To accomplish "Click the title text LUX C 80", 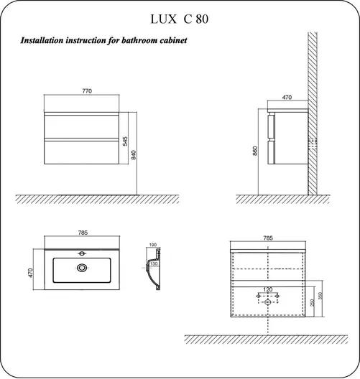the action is tap(179, 19).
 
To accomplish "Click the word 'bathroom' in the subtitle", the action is tap(136, 40).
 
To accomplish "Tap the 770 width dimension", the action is tap(87, 91).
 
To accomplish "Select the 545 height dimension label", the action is tap(125, 141).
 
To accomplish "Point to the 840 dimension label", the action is tap(134, 155).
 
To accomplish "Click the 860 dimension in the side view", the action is tap(255, 151).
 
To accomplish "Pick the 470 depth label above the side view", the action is tap(287, 98).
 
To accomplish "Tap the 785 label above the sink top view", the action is tap(83, 233).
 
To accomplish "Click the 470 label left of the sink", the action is tap(30, 273).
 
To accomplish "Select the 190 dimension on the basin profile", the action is tap(153, 245).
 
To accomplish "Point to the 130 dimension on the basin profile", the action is tap(154, 263).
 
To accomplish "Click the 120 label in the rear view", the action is tap(268, 289).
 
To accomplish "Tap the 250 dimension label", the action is tap(312, 303).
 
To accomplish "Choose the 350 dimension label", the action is tap(320, 296).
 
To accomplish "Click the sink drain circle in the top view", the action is tap(81, 268).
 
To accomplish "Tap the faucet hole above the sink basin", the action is tap(82, 253).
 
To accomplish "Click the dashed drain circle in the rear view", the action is tap(267, 302).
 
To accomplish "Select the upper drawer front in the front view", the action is tap(81, 126).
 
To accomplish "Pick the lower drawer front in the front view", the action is tap(81, 152).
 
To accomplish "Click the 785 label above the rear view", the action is tap(268, 238).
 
